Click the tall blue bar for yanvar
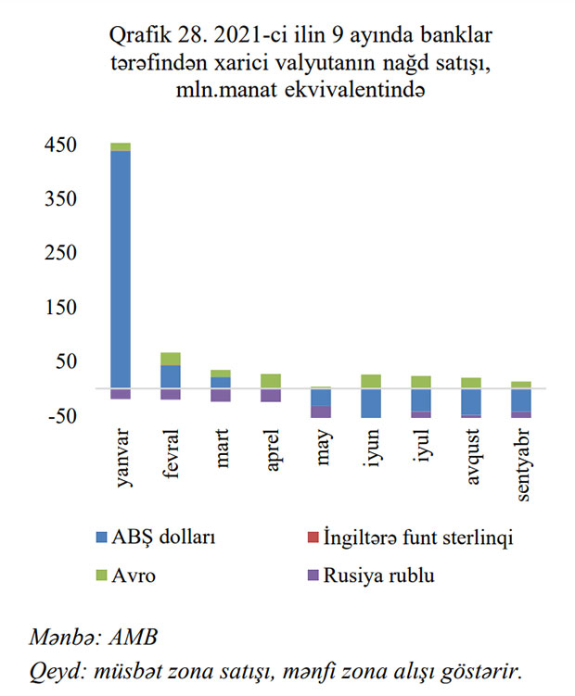click(x=121, y=269)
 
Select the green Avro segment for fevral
click(x=171, y=359)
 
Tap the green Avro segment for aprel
click(x=271, y=381)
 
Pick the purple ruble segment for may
click(x=321, y=411)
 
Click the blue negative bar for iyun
click(x=371, y=403)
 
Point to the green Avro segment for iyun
click(x=371, y=381)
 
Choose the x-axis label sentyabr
click(x=523, y=463)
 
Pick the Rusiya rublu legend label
click(x=378, y=575)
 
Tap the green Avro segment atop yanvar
click(x=121, y=146)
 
